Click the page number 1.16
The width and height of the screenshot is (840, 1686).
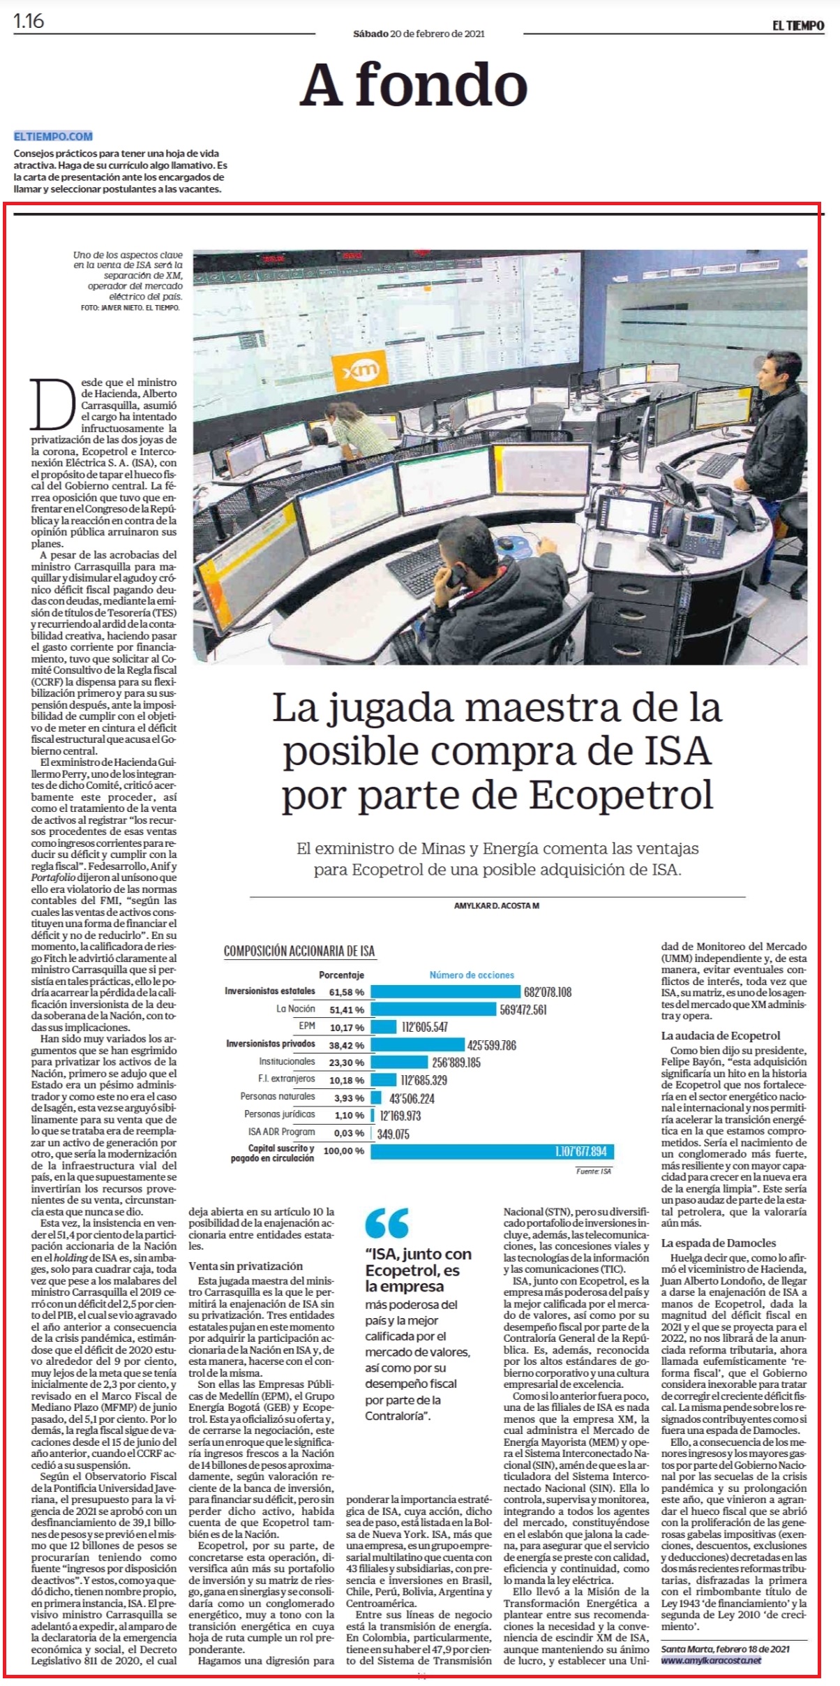click(29, 22)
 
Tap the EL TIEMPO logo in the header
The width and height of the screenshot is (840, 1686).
click(797, 26)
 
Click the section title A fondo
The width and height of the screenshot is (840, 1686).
click(414, 85)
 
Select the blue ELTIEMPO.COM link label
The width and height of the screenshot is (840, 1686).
click(53, 136)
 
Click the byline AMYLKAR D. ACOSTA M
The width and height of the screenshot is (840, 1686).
click(497, 905)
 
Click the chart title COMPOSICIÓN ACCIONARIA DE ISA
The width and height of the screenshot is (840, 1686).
click(299, 951)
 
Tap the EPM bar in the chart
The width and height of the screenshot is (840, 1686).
click(384, 1027)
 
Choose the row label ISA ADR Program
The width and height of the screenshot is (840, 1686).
click(282, 1132)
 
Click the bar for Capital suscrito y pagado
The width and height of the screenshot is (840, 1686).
click(493, 1151)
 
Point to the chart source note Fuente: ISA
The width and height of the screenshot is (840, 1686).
click(594, 1171)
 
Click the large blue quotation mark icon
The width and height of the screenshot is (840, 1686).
click(387, 1222)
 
